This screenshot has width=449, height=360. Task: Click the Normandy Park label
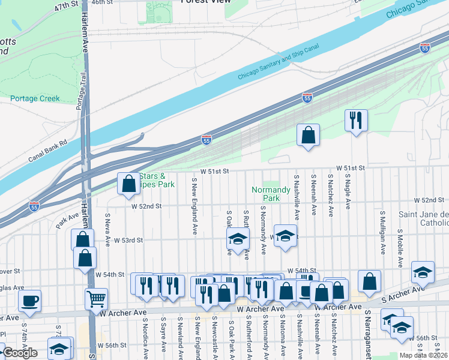click(266, 193)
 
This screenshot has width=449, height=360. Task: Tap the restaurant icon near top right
click(356, 121)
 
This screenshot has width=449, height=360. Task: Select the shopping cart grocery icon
click(97, 298)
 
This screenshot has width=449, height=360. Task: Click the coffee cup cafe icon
click(30, 301)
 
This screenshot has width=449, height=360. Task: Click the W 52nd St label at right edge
click(428, 200)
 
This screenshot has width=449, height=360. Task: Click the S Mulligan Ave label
click(382, 230)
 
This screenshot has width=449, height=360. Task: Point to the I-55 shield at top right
click(425, 47)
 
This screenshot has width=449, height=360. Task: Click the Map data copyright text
click(424, 355)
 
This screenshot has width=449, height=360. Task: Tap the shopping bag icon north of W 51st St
click(308, 135)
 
